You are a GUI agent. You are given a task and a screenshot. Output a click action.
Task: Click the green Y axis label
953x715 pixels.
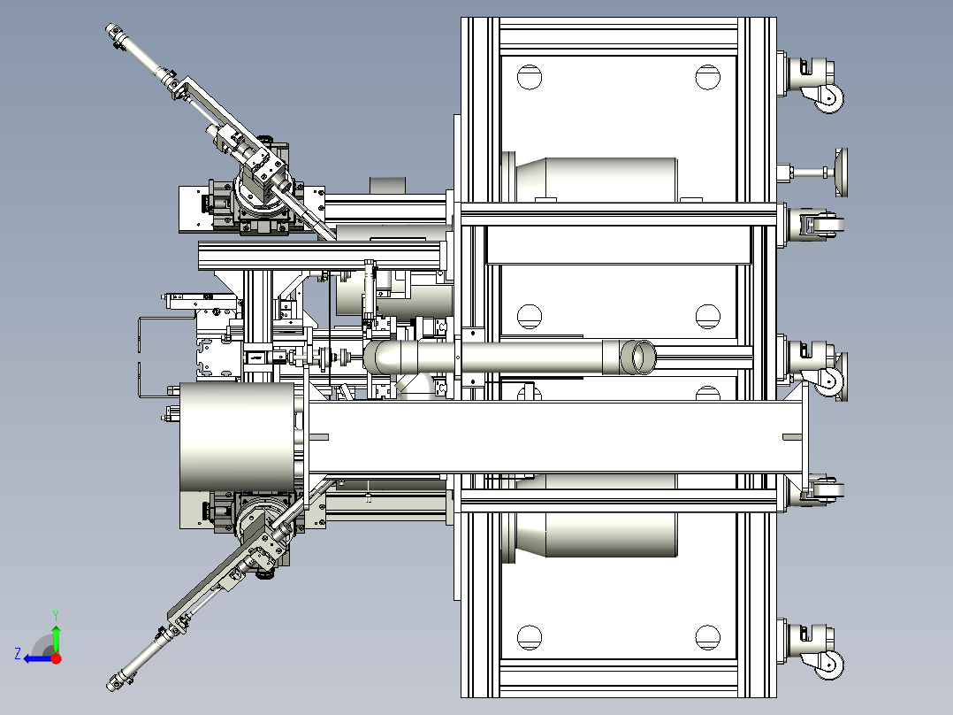(x=56, y=616)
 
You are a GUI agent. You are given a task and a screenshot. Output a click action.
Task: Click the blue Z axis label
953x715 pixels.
(x=18, y=654)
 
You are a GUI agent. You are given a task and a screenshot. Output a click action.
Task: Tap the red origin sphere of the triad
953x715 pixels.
(x=56, y=658)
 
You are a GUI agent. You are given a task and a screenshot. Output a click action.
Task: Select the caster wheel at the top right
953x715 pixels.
(x=829, y=98)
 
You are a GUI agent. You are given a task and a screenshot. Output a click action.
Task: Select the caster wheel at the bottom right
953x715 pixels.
(x=829, y=665)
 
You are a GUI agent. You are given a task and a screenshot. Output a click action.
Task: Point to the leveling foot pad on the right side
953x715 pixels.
(x=842, y=173)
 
